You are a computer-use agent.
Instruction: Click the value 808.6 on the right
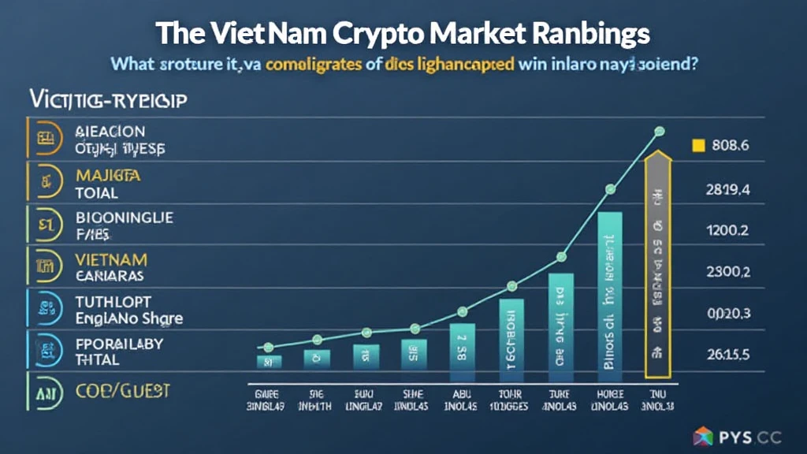point(729,145)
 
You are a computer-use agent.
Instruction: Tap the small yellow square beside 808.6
point(697,145)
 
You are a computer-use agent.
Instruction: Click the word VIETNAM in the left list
point(111,259)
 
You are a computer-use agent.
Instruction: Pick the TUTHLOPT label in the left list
point(113,302)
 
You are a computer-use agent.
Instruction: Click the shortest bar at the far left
point(269,362)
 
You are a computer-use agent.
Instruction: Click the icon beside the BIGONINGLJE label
point(45,224)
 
